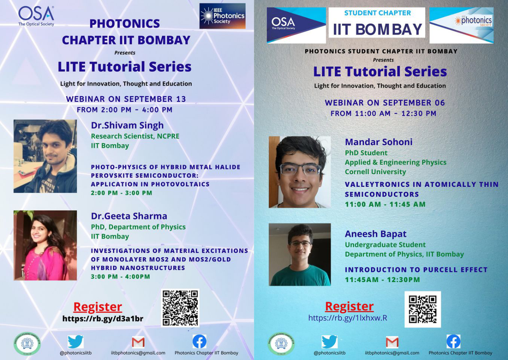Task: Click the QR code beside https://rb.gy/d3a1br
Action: pos(180,308)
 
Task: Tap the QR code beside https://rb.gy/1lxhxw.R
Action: pos(423,309)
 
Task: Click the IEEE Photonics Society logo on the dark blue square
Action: pos(222,16)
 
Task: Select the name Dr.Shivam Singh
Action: pos(127,125)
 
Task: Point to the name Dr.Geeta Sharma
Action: pos(129,216)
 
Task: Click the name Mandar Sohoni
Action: pos(379,142)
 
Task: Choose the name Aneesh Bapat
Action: pos(376,234)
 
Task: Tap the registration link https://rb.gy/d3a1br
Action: pos(103,319)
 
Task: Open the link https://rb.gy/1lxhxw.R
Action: pos(348,318)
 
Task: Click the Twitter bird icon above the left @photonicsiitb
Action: pos(76,342)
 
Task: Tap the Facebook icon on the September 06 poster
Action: pos(453,341)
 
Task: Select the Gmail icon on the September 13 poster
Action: pos(138,342)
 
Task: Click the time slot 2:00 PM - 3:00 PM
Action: pos(122,193)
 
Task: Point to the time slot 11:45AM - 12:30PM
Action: pos(382,280)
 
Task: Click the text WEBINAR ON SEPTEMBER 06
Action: pos(385,103)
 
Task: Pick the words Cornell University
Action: pos(375,172)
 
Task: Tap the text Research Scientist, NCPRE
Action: pos(135,136)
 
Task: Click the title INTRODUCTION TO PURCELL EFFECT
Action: pos(416,270)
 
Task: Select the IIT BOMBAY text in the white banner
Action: pos(377,30)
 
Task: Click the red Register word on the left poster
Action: pos(98,307)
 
